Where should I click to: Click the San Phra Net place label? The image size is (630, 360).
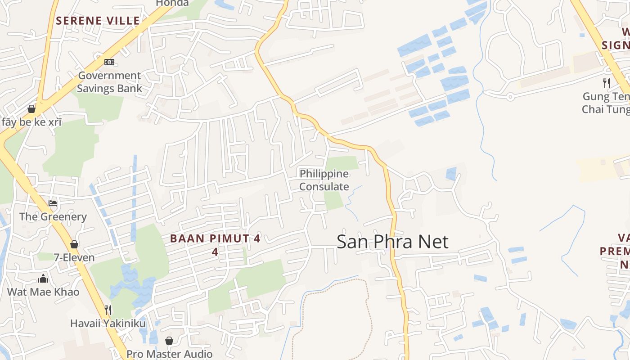point(392,242)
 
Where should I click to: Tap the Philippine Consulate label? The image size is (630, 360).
point(324,180)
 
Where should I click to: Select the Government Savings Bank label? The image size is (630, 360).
point(109,82)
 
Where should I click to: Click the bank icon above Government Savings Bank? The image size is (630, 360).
point(109,62)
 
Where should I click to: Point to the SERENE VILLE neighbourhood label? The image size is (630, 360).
point(98,20)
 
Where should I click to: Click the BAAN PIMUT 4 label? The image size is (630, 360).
point(215,239)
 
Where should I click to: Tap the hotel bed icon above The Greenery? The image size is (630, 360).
point(53,203)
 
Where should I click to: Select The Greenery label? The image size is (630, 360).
point(53,217)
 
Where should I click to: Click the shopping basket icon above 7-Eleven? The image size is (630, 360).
point(74,244)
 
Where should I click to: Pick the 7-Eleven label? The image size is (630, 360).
point(74,258)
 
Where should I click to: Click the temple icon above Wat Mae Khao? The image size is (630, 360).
point(43,278)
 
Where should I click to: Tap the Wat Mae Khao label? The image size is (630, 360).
point(43,292)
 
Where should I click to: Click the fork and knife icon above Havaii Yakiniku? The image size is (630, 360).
point(108,310)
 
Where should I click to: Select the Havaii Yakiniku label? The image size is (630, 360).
point(108,324)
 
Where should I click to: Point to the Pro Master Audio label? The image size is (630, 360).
point(169,354)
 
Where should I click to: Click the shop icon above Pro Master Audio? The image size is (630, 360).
point(169,341)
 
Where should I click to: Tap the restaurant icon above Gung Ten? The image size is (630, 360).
point(607,83)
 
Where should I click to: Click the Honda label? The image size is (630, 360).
point(172,3)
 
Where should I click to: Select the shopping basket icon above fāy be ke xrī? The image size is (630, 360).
point(31,109)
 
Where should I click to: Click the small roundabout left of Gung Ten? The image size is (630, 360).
point(510,96)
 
